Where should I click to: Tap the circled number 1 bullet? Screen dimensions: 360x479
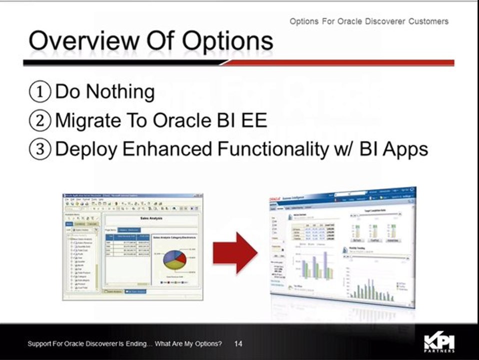(40, 92)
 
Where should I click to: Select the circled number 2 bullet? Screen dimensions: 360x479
(40, 120)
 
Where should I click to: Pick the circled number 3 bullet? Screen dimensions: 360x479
(40, 149)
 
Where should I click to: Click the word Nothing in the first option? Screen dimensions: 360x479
(120, 92)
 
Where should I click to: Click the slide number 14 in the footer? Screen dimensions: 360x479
(238, 344)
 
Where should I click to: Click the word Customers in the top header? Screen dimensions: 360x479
(427, 21)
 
